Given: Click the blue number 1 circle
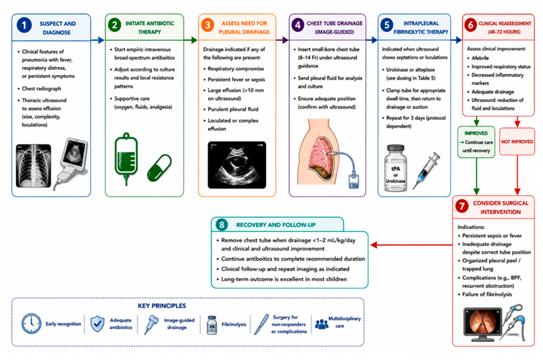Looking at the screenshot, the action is click(x=24, y=25).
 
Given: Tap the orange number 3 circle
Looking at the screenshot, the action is click(x=207, y=25).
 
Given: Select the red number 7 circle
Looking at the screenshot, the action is click(x=462, y=206).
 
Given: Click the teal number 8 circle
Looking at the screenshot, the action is click(x=222, y=225).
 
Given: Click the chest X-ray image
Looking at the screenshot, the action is click(x=33, y=166).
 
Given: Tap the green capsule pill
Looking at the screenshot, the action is click(x=159, y=168).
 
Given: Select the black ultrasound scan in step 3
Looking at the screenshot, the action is click(x=237, y=165).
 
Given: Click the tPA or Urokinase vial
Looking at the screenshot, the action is click(x=395, y=168).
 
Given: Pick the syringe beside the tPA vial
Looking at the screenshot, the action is click(x=427, y=171).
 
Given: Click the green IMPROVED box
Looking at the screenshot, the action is click(x=476, y=142).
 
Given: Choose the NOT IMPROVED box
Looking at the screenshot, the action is click(x=517, y=141).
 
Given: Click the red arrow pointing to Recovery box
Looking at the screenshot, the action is click(x=412, y=245).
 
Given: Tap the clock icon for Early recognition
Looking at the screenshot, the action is click(x=31, y=323).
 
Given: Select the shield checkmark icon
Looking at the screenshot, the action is click(x=97, y=323).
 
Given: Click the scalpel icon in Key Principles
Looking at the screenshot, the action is click(x=262, y=324).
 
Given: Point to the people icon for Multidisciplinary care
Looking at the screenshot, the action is click(x=322, y=324).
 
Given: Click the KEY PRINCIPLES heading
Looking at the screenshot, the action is click(x=162, y=306).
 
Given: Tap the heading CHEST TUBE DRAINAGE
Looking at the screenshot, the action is click(x=335, y=23).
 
